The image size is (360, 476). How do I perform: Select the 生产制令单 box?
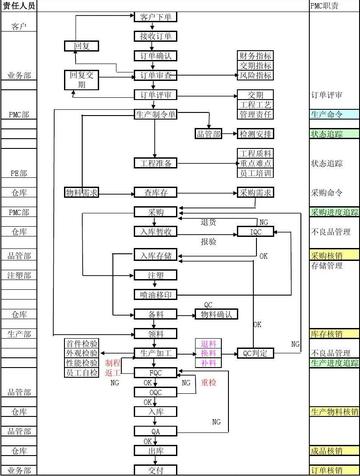pos(155,115)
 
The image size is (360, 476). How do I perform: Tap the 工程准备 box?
pos(155,161)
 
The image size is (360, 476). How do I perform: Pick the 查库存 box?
pos(155,190)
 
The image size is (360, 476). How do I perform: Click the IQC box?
pos(255,232)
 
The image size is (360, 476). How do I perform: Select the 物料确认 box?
pos(217,314)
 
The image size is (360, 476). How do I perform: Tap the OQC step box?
pos(155,393)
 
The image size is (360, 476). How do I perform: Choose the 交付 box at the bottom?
pos(155,469)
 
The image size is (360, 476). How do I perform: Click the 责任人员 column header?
pos(20,5)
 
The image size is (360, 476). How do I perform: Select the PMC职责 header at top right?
pos(327,5)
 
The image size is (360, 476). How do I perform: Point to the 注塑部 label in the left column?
pos(20,274)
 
